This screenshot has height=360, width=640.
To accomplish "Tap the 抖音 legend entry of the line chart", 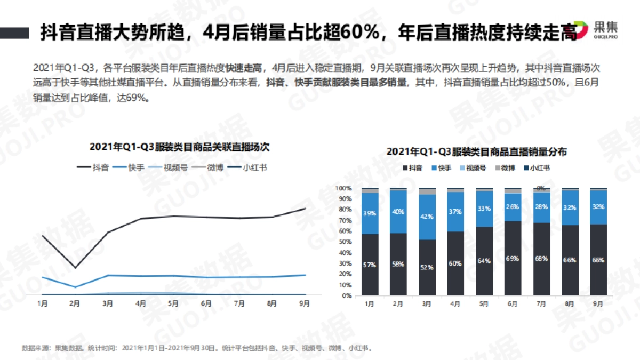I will (x=93, y=167).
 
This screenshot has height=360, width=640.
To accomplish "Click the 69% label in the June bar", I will (x=513, y=258).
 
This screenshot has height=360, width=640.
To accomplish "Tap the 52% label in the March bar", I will (x=427, y=267).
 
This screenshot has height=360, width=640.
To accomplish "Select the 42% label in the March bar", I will (x=427, y=217).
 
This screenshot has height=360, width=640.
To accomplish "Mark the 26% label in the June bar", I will (x=513, y=207).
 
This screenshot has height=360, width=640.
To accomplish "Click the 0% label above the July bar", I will (x=541, y=188).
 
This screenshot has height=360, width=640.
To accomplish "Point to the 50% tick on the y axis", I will (x=344, y=242).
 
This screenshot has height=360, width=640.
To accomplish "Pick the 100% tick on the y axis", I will (x=343, y=188).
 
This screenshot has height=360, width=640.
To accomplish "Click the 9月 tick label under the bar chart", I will (x=598, y=303).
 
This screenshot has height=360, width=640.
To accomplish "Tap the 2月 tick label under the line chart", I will (x=75, y=303).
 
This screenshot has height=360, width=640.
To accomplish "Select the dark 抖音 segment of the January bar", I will (x=370, y=265).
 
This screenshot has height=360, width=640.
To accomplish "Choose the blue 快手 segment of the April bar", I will (x=455, y=212).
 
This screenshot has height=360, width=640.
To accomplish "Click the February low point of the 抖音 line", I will (x=75, y=268).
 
